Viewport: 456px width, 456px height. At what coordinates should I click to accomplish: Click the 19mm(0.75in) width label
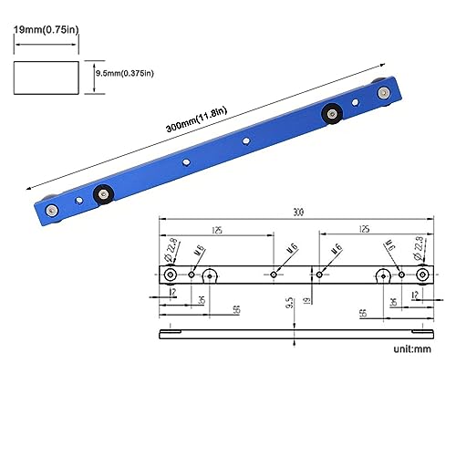coord(45,28)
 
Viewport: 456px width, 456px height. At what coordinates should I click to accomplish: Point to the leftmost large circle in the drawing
coord(171,275)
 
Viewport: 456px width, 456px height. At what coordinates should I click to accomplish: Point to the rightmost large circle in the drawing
coord(423,275)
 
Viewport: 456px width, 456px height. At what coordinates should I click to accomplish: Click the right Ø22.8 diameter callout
coord(420,246)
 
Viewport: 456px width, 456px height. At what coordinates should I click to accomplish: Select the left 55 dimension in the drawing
coord(236,311)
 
